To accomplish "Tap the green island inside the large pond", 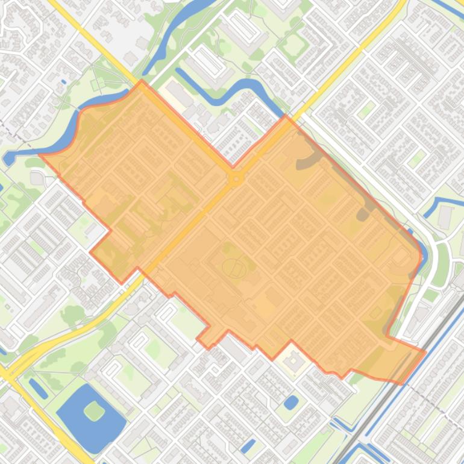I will coord(94,411).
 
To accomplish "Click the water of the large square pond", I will coord(78,422).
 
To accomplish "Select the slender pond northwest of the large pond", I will coord(37,389).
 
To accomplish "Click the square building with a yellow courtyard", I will coord(293,362).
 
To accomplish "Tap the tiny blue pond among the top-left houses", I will coord(63,82).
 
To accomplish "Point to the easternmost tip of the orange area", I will coord(425,351).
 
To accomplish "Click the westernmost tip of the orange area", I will coord(40,154).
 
